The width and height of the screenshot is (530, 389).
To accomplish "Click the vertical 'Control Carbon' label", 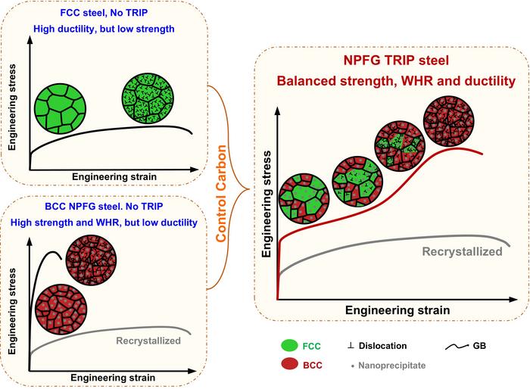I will point(225,194).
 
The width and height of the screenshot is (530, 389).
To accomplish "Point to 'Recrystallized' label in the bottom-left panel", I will point(148,341).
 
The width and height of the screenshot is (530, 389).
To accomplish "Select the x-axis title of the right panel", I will point(397,310).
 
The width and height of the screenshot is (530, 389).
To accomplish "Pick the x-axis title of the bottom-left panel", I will point(114,376).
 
